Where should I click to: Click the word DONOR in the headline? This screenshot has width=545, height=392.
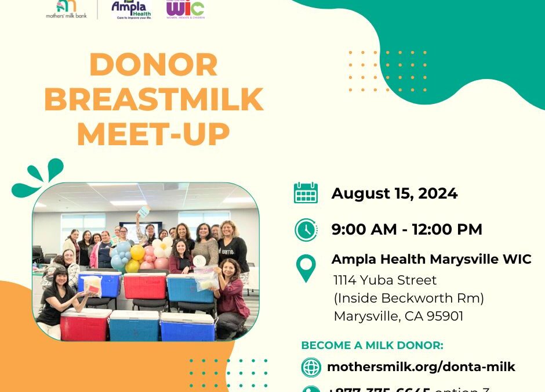[x=154, y=65]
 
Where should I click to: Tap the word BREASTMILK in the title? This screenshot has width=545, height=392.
[x=154, y=99]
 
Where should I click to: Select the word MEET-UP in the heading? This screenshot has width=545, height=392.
[x=154, y=134]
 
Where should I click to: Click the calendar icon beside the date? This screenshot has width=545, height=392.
[x=306, y=193]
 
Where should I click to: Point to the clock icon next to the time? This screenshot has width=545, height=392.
[x=306, y=229]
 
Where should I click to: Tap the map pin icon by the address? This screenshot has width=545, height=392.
[x=306, y=269]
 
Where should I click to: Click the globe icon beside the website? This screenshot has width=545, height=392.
[x=311, y=367]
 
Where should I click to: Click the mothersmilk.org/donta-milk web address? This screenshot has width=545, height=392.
[x=421, y=367]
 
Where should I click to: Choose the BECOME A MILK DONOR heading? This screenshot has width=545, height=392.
[x=372, y=346]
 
